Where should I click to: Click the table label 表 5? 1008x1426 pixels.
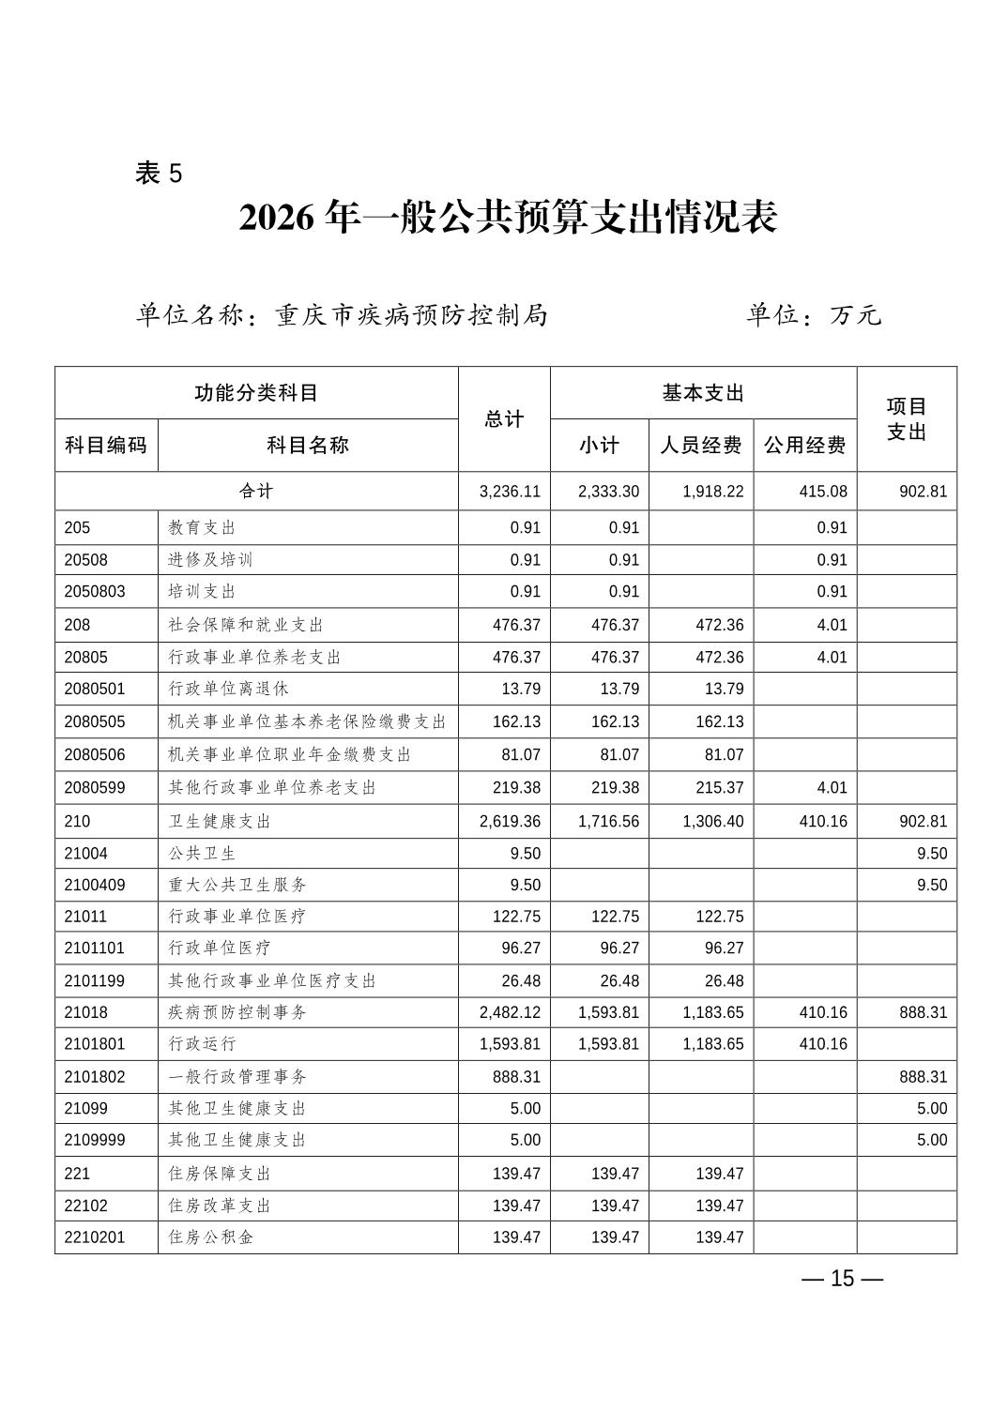pos(159,174)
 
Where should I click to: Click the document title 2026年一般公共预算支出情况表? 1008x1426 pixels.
pos(508,218)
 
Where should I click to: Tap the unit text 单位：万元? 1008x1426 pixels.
pos(813,315)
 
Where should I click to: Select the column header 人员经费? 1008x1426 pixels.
pos(700,446)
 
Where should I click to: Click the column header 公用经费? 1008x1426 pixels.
pos(804,446)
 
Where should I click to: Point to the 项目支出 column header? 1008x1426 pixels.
pos(906,419)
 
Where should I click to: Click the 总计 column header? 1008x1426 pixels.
pos(504,419)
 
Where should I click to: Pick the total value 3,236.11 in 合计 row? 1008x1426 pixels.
pos(510,492)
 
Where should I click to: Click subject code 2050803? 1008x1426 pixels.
pos(95,592)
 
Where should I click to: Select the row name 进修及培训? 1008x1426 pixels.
pos(210,560)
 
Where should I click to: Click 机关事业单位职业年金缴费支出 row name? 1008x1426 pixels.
pos(289,754)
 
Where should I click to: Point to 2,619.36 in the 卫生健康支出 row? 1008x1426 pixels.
pos(510,822)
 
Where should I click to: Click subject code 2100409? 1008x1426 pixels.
pos(95,885)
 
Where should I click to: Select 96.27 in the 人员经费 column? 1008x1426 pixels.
pos(724,948)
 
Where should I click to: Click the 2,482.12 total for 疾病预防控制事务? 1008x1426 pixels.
pos(510,1012)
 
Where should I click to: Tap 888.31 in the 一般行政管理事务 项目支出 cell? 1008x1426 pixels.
pos(923,1077)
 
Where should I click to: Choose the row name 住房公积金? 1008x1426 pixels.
pos(210,1237)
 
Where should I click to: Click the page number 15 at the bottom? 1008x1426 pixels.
pos(842,1279)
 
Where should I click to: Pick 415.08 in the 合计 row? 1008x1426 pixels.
pos(823,492)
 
